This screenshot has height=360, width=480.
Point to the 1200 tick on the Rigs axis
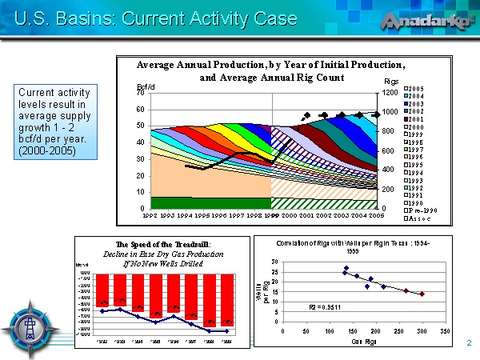coord(389,94)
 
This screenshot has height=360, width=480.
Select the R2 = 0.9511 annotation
coord(325,307)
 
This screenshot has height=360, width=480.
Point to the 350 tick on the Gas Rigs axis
coord(445,330)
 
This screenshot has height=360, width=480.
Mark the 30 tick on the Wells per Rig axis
coord(274,262)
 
